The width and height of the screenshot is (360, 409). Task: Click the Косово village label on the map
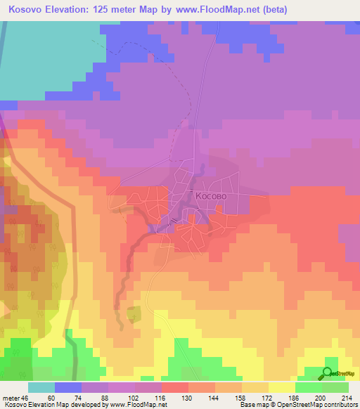[x=211, y=197]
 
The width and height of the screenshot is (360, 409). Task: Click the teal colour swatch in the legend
[x=41, y=387]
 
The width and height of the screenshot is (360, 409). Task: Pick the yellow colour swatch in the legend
[x=281, y=387]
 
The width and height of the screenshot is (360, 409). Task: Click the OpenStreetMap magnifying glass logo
[x=328, y=374]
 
